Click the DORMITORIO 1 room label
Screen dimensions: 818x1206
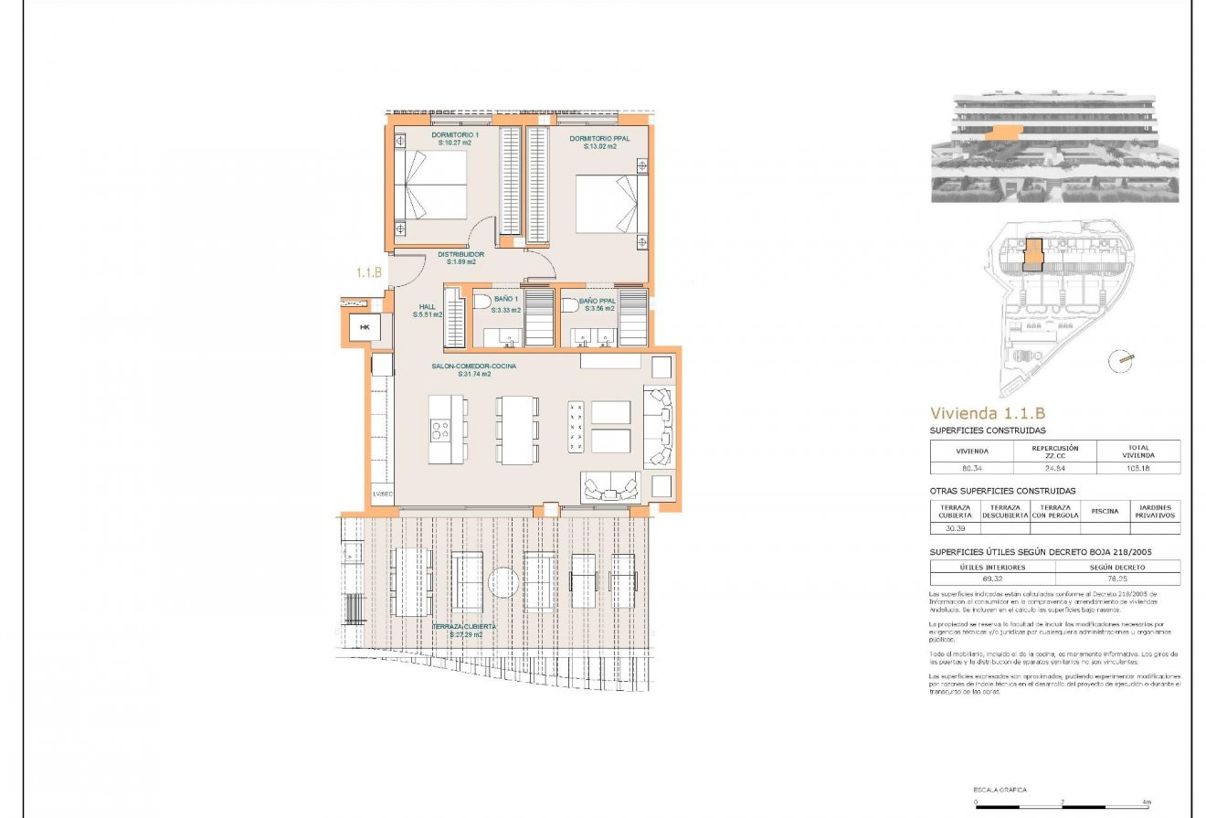[454, 139]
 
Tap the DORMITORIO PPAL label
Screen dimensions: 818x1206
[593, 142]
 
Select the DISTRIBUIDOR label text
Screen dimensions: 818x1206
[461, 258]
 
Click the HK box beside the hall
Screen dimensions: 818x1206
[365, 327]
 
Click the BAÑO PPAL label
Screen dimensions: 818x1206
[598, 304]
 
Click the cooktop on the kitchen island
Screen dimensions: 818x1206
[439, 430]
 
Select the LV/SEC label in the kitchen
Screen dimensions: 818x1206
[383, 494]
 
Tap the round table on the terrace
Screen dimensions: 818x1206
[503, 582]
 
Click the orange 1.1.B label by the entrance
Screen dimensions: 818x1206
[369, 271]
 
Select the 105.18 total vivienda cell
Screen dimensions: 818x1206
[1138, 468]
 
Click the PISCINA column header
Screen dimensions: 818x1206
[1105, 511]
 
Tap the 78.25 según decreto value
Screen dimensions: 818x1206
[1116, 579]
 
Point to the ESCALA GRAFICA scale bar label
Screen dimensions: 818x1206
[999, 790]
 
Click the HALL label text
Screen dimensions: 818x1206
[428, 307]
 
